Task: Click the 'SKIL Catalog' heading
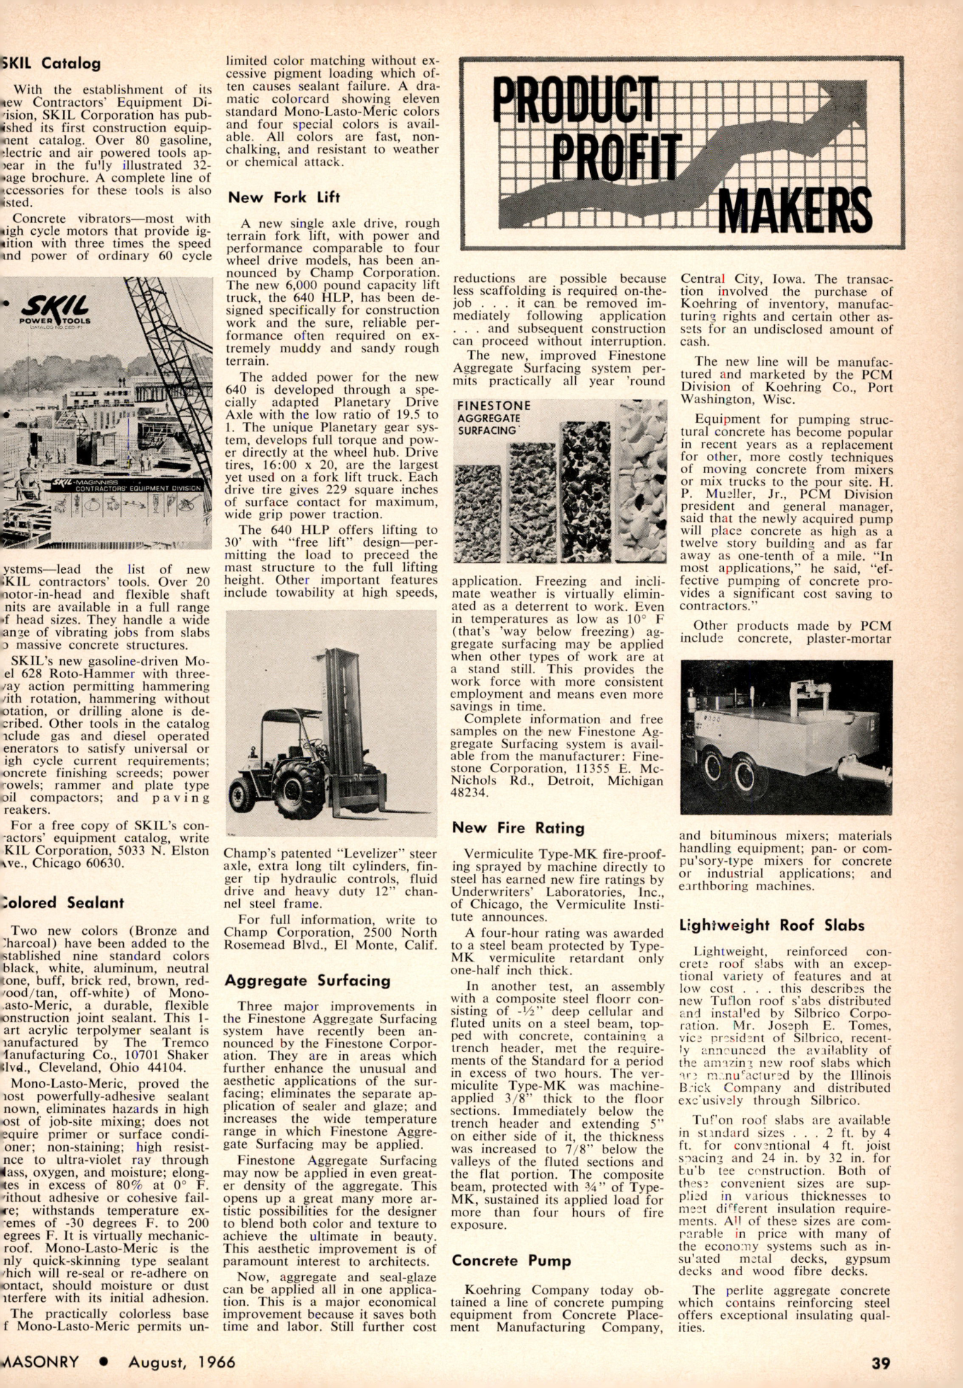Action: pyautogui.click(x=51, y=64)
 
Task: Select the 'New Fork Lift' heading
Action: pyautogui.click(x=284, y=198)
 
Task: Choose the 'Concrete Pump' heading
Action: pyautogui.click(x=511, y=1261)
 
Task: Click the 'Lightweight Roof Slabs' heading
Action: pyautogui.click(x=771, y=926)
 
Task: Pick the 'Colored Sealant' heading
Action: pyautogui.click(x=64, y=903)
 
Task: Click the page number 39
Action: pyautogui.click(x=880, y=1363)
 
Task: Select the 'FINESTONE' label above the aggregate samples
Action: pyautogui.click(x=493, y=406)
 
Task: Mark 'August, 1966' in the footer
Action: pyautogui.click(x=182, y=1363)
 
